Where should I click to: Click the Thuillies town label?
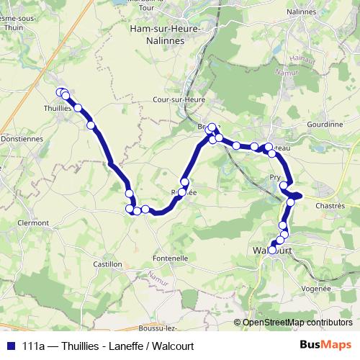tap(57, 108)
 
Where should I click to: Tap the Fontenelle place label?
tap(170, 258)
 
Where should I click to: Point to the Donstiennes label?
tap(22, 139)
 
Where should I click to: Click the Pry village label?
tap(274, 176)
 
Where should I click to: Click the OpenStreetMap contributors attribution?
tap(292, 323)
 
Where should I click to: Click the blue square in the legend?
tap(10, 346)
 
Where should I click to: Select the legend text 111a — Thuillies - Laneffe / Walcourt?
tap(108, 346)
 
